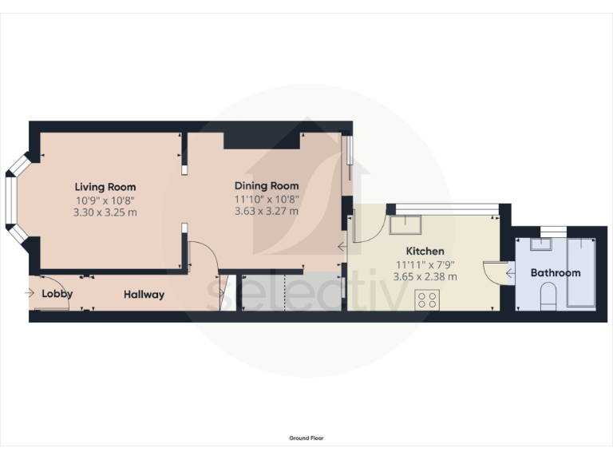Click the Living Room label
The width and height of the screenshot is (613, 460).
105,187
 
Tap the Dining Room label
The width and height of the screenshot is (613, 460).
267,187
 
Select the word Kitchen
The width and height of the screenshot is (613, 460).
425,251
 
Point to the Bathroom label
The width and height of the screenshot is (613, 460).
556,273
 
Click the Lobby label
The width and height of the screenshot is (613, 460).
57,294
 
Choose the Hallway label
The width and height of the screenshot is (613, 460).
144,295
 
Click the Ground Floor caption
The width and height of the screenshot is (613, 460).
306,438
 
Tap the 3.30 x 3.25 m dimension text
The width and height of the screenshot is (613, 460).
105,212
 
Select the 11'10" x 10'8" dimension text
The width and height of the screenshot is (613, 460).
267,200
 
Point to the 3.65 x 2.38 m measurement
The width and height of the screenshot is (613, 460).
425,276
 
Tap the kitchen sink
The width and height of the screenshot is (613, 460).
406,224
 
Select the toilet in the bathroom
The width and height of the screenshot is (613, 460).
548,299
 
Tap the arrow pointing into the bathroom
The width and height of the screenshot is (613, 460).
510,274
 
